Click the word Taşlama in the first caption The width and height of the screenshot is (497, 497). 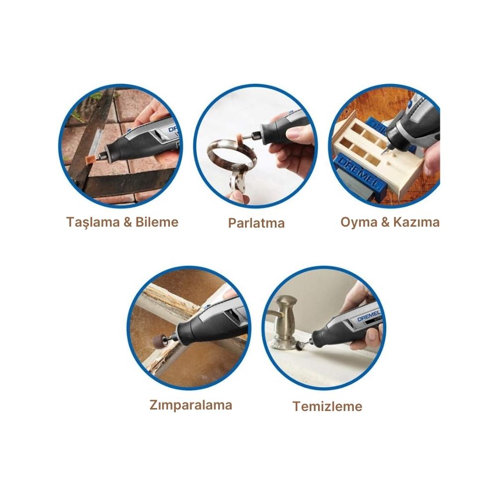(93, 223)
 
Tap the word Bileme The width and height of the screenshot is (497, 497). (157, 222)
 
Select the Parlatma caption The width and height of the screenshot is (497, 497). (256, 223)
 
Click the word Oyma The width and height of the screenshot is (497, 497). (359, 223)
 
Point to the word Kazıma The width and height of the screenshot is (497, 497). (416, 222)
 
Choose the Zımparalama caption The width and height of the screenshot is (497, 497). (191, 405)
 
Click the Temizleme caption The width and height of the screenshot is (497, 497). (327, 406)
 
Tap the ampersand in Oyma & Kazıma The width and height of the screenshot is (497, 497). (386, 222)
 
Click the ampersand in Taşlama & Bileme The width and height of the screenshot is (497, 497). (128, 222)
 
